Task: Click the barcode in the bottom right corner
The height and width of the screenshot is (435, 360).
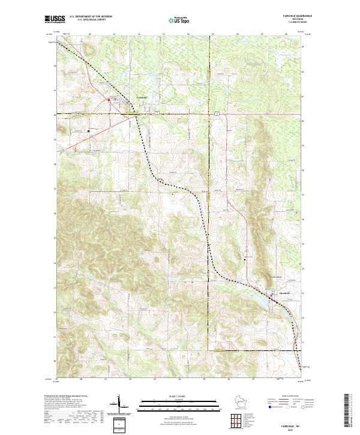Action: (347, 413)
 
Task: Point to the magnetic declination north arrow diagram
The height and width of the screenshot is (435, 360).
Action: (120, 403)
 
